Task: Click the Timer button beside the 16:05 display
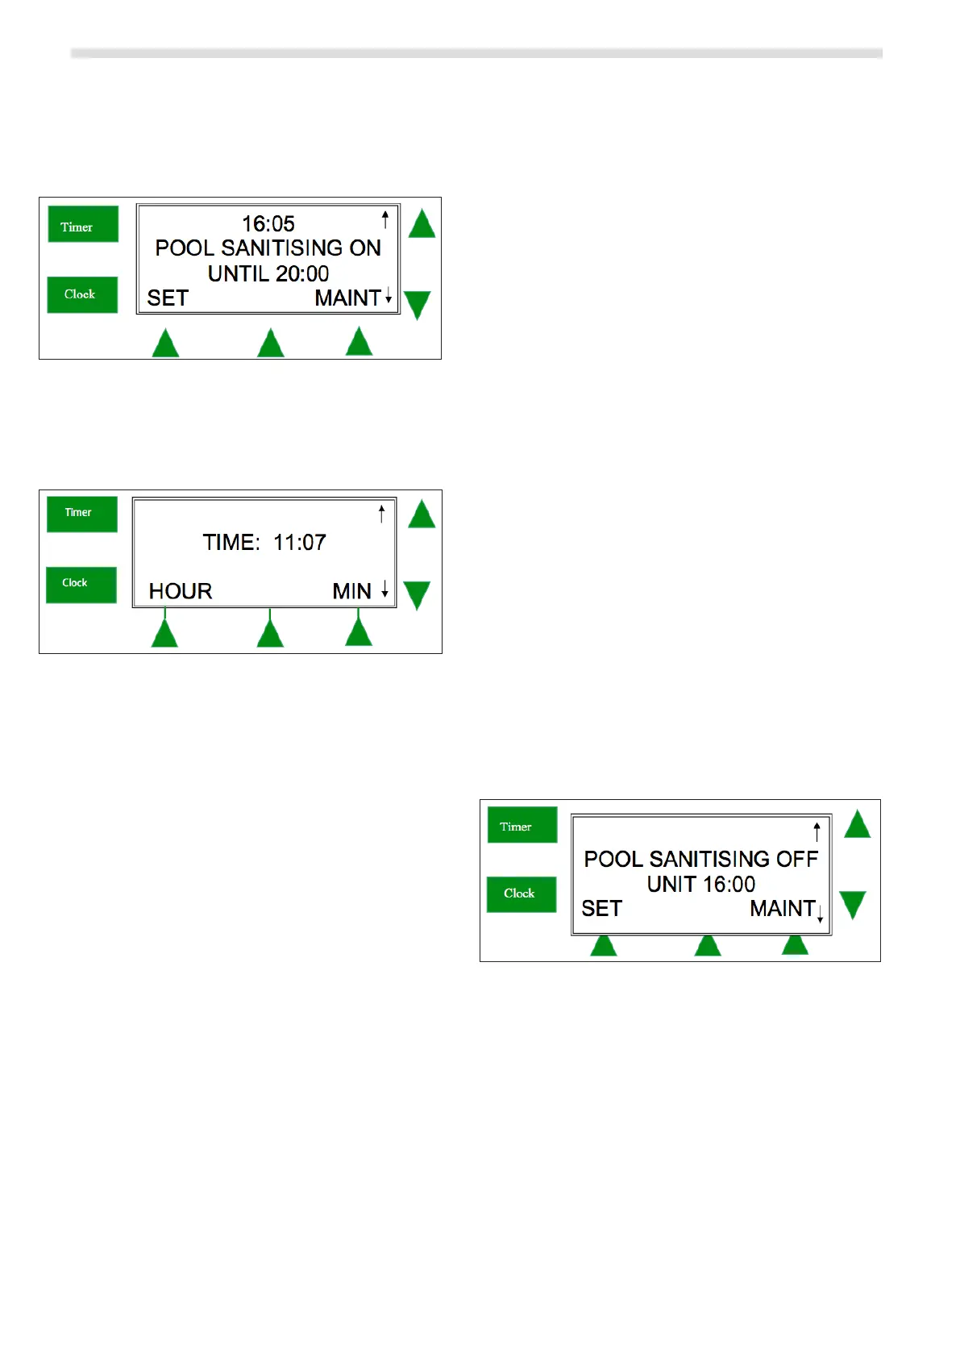[82, 224]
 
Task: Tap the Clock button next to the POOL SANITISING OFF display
[521, 894]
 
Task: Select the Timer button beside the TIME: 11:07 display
[81, 514]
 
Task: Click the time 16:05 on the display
[268, 223]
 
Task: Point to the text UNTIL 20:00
[268, 273]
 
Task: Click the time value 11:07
[300, 542]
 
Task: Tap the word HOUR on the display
[181, 591]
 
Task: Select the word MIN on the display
[351, 591]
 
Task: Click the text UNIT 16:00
[701, 884]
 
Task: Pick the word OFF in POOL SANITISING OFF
[797, 859]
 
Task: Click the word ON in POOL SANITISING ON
[365, 248]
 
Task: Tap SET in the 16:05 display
[168, 298]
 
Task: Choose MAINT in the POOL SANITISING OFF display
[782, 909]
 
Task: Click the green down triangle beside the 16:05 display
[418, 305]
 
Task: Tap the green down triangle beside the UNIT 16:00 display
[852, 904]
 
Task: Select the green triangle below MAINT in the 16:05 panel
[359, 342]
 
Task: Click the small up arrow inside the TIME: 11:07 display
[382, 514]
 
